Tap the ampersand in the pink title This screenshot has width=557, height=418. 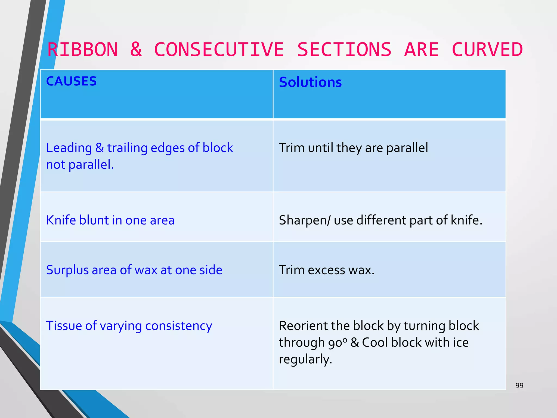coord(136,50)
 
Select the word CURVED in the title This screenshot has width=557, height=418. coord(487,50)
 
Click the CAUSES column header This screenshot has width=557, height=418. coord(71,81)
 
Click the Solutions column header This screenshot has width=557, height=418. coord(310,82)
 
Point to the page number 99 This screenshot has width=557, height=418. coord(519,385)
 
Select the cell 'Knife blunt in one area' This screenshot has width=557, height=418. coord(110,220)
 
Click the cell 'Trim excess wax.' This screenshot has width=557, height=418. coord(327,270)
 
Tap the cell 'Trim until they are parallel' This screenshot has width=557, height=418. coord(353,148)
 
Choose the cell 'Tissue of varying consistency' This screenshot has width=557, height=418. coord(129,326)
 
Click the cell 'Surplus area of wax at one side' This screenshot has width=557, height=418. coord(134,270)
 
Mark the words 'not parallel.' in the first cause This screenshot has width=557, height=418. coord(80,165)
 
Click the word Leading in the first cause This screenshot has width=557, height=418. coord(69,148)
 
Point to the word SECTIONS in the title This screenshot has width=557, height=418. coord(344,50)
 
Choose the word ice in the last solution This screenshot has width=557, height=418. coord(460,342)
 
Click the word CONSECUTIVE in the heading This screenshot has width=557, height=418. coord(219,50)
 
